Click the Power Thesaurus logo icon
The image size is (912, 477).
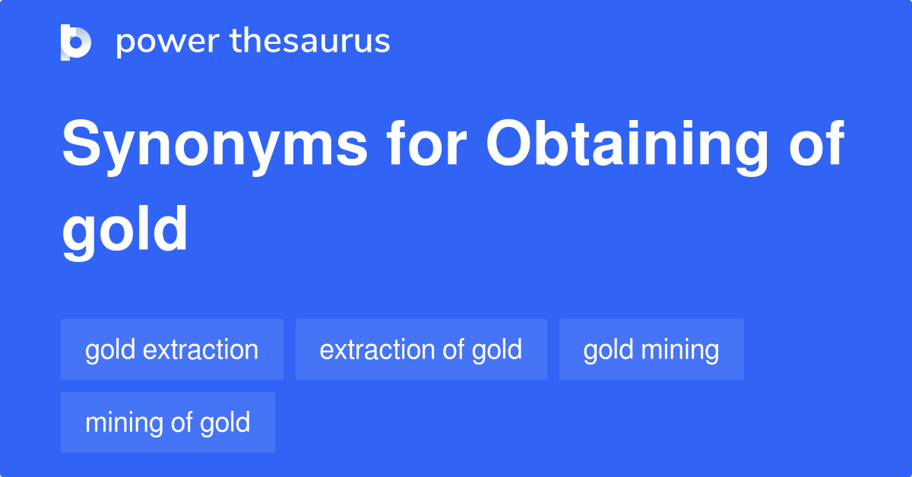pyautogui.click(x=76, y=42)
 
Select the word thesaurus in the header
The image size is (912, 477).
pyautogui.click(x=311, y=42)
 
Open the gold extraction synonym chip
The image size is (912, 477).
pyautogui.click(x=172, y=350)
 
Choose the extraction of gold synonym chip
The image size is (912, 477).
pyautogui.click(x=421, y=350)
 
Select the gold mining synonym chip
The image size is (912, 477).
pyautogui.click(x=651, y=350)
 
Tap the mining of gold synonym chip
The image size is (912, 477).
pyautogui.click(x=167, y=423)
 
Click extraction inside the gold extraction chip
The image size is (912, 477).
pyautogui.click(x=201, y=350)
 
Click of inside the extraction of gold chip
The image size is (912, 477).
pyautogui.click(x=453, y=350)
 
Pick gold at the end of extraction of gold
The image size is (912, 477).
pyautogui.click(x=497, y=350)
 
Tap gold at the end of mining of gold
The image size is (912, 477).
pyautogui.click(x=225, y=423)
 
